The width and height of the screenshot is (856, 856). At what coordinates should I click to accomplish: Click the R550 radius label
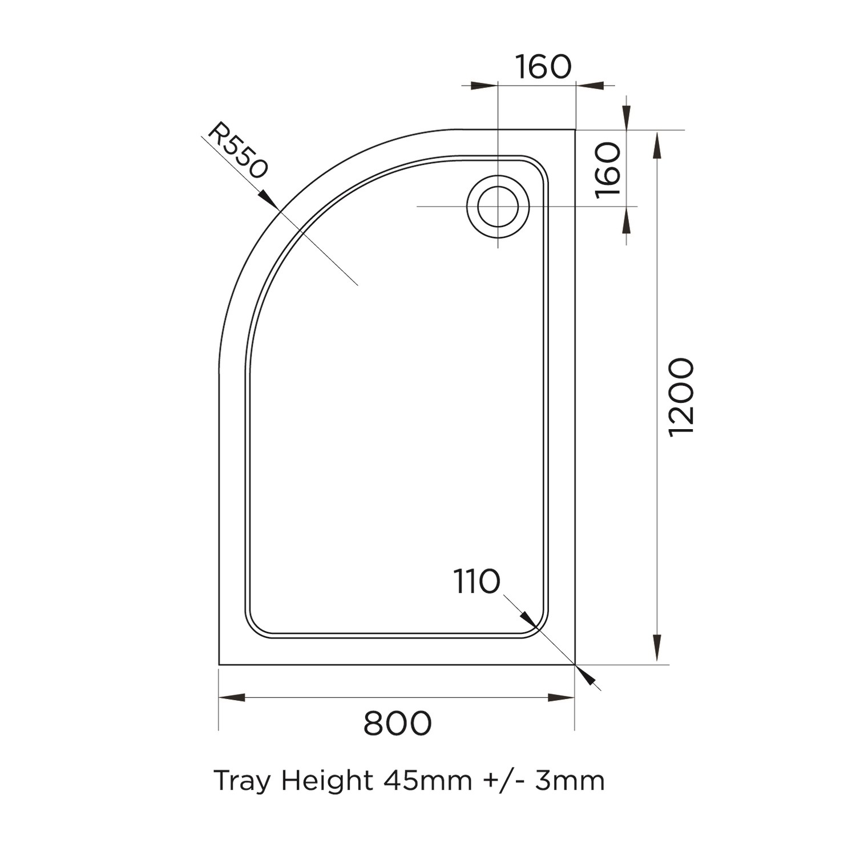(x=237, y=151)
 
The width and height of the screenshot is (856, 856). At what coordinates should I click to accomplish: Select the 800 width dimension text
(x=397, y=724)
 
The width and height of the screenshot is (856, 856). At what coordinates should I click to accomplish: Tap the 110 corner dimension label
(x=477, y=582)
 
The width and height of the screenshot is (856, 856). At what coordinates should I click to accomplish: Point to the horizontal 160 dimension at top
(x=543, y=67)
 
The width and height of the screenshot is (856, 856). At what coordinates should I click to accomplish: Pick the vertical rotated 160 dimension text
(x=608, y=170)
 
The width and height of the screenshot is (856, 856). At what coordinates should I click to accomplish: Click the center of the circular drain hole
(x=498, y=206)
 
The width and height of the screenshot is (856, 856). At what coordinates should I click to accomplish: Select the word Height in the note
(x=327, y=781)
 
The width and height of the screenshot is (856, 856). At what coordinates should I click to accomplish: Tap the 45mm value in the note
(x=427, y=781)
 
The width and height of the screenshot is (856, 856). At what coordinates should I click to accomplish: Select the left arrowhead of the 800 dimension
(x=232, y=697)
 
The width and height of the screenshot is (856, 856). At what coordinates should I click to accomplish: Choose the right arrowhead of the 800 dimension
(x=562, y=697)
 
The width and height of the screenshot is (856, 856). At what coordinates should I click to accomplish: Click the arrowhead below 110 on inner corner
(x=527, y=619)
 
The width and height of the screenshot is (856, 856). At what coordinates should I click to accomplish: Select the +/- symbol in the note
(x=504, y=781)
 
